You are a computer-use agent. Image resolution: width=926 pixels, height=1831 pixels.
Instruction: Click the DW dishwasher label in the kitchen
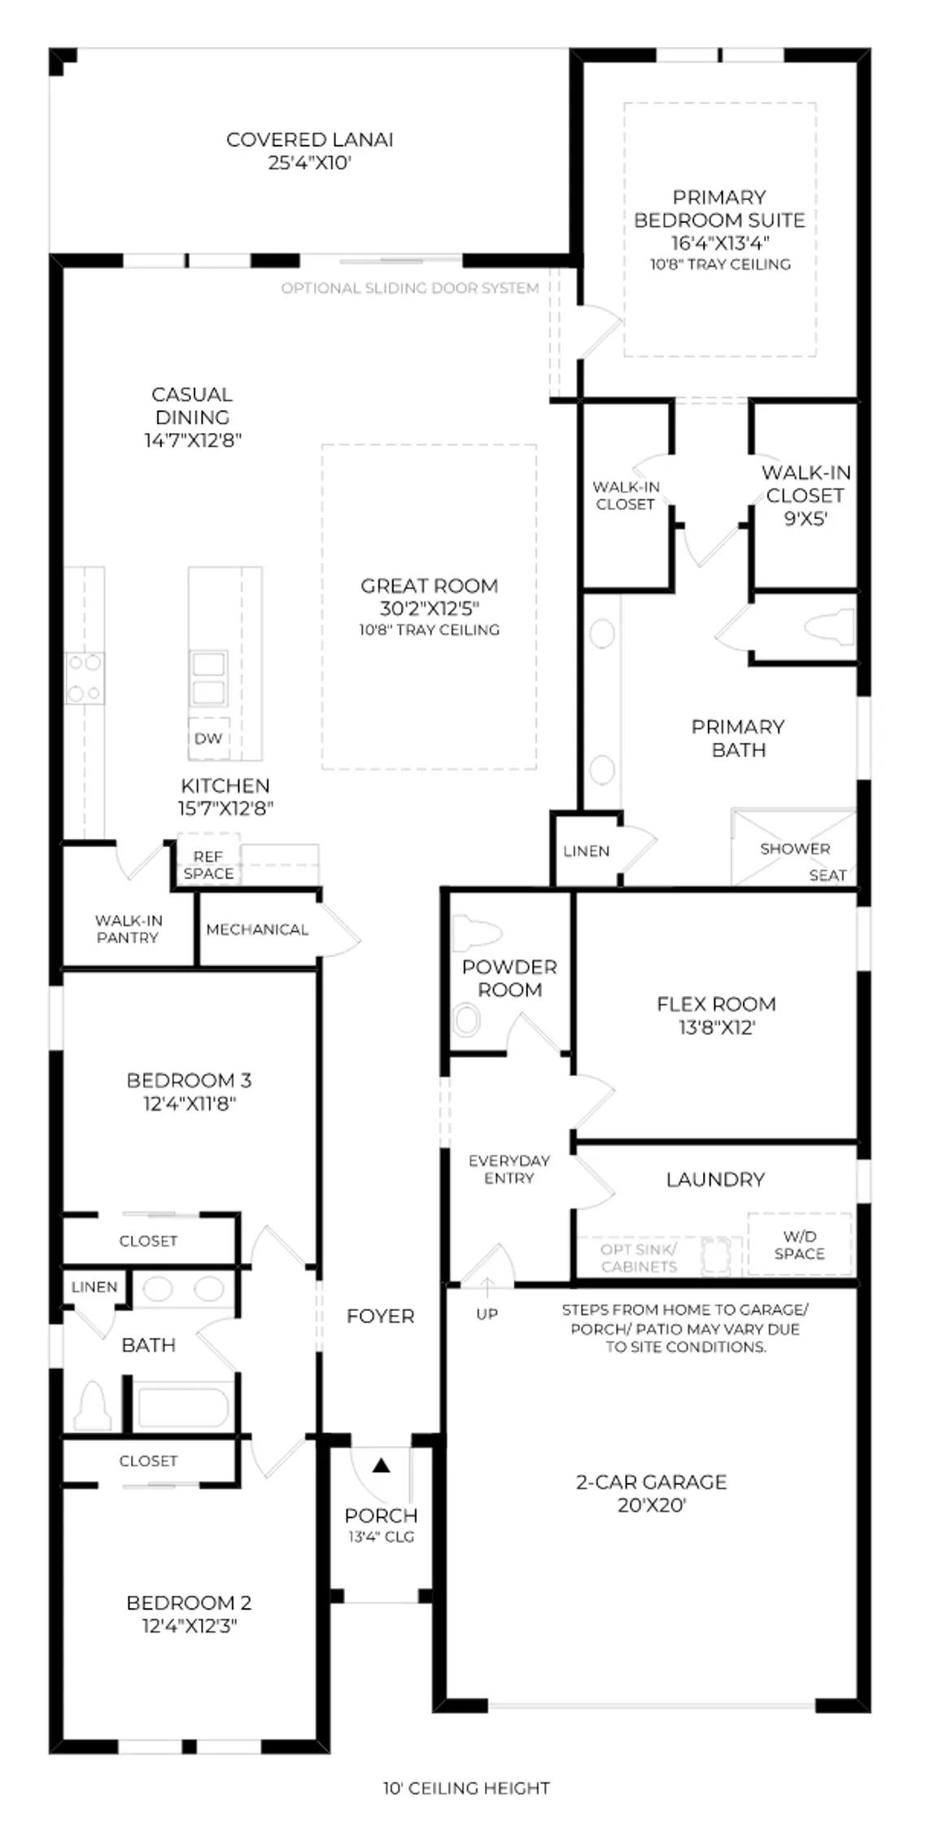point(208,739)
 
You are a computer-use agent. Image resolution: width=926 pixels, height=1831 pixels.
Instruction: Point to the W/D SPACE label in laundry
point(799,1245)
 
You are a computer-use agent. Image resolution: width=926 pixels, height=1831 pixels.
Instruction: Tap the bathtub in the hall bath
point(184,1409)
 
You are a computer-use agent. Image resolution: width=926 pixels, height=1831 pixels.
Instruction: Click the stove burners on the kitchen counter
point(85,678)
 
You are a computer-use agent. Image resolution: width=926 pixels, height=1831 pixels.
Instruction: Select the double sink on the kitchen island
point(209,679)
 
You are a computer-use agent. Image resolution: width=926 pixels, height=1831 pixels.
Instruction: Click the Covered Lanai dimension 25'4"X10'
point(310,163)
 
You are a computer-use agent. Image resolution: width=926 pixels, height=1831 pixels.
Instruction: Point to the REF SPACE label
point(208,865)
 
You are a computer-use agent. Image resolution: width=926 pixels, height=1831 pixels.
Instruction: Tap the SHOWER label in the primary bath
point(795,849)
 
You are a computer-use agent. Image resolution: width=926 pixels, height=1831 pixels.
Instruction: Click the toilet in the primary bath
point(829,627)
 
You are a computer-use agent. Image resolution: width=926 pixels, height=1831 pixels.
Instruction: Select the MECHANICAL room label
point(257,929)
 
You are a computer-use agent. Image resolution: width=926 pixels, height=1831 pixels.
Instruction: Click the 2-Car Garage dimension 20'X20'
point(652,1505)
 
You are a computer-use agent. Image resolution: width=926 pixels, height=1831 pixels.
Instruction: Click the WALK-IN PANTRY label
point(129,929)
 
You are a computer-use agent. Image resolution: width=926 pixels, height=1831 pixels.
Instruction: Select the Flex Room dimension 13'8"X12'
point(716,1027)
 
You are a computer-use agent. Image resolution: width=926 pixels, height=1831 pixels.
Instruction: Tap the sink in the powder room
point(467,1020)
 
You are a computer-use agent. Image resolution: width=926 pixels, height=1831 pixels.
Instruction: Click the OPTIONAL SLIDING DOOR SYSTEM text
point(410,288)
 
